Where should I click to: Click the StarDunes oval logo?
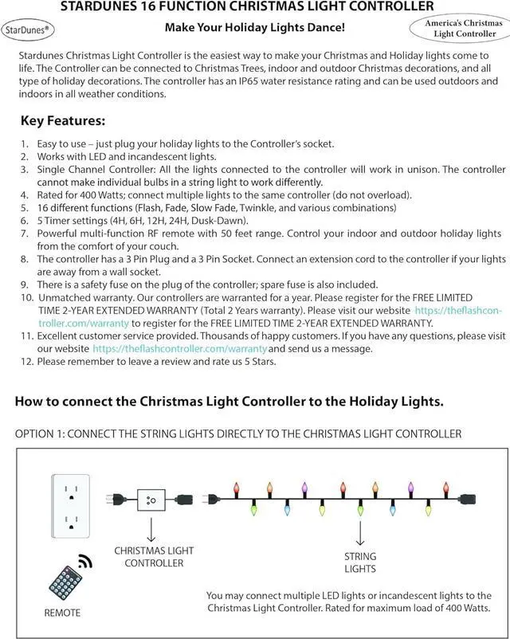[x=28, y=29]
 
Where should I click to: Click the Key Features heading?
[x=62, y=122]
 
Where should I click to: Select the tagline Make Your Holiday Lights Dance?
[x=254, y=28]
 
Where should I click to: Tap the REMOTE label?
[x=62, y=613]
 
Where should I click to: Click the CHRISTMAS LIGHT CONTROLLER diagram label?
[x=154, y=557]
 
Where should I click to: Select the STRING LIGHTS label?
[x=360, y=563]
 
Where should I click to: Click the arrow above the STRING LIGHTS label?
[x=360, y=532]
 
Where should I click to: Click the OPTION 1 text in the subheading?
[x=41, y=433]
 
